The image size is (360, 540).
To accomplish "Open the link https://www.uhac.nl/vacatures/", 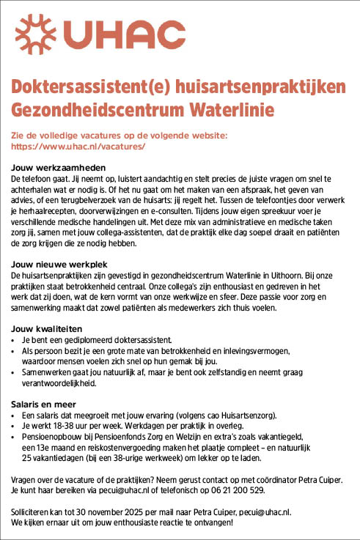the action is (x=78, y=147).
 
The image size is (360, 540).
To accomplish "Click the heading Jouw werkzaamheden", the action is (x=58, y=167).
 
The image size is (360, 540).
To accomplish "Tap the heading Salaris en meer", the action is (x=46, y=404).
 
